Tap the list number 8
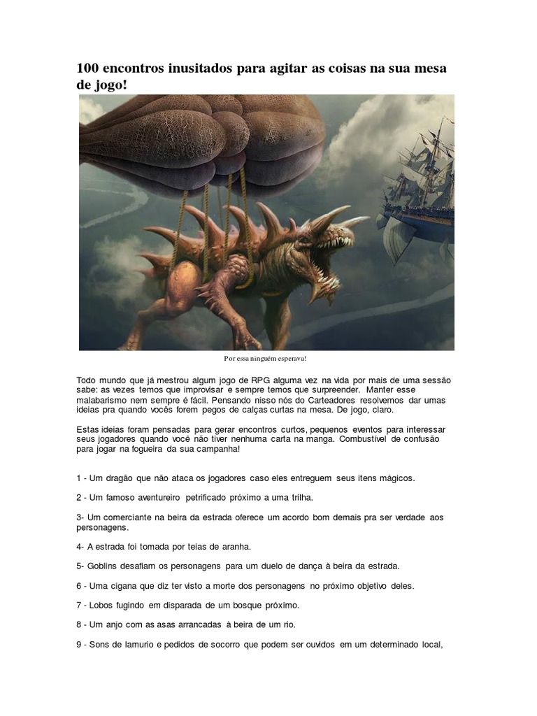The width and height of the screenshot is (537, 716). tap(79, 624)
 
